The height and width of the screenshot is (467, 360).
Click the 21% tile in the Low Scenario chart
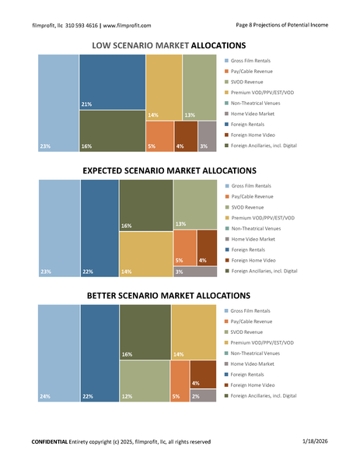(x=113, y=82)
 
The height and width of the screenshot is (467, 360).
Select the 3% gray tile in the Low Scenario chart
(x=207, y=136)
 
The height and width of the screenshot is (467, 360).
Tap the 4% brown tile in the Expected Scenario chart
(x=207, y=248)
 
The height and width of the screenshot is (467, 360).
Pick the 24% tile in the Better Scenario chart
(x=59, y=353)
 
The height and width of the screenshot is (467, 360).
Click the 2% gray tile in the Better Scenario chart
(x=203, y=396)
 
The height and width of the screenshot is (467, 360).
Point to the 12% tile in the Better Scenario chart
(x=145, y=381)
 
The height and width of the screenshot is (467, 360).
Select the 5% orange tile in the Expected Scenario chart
(x=185, y=248)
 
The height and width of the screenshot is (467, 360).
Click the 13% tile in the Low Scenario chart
(x=200, y=87)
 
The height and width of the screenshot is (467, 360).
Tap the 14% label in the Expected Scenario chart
(x=127, y=272)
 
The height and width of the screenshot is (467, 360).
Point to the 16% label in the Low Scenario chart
(x=86, y=146)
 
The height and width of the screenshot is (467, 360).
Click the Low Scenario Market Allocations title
(x=169, y=45)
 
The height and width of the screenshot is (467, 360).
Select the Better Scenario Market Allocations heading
(x=169, y=296)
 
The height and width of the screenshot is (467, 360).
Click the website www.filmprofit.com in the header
(x=127, y=26)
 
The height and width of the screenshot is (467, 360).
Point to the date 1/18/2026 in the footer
(x=315, y=441)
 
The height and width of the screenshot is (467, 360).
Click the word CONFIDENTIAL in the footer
(x=50, y=441)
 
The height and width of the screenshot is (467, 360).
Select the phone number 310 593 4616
(x=81, y=26)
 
